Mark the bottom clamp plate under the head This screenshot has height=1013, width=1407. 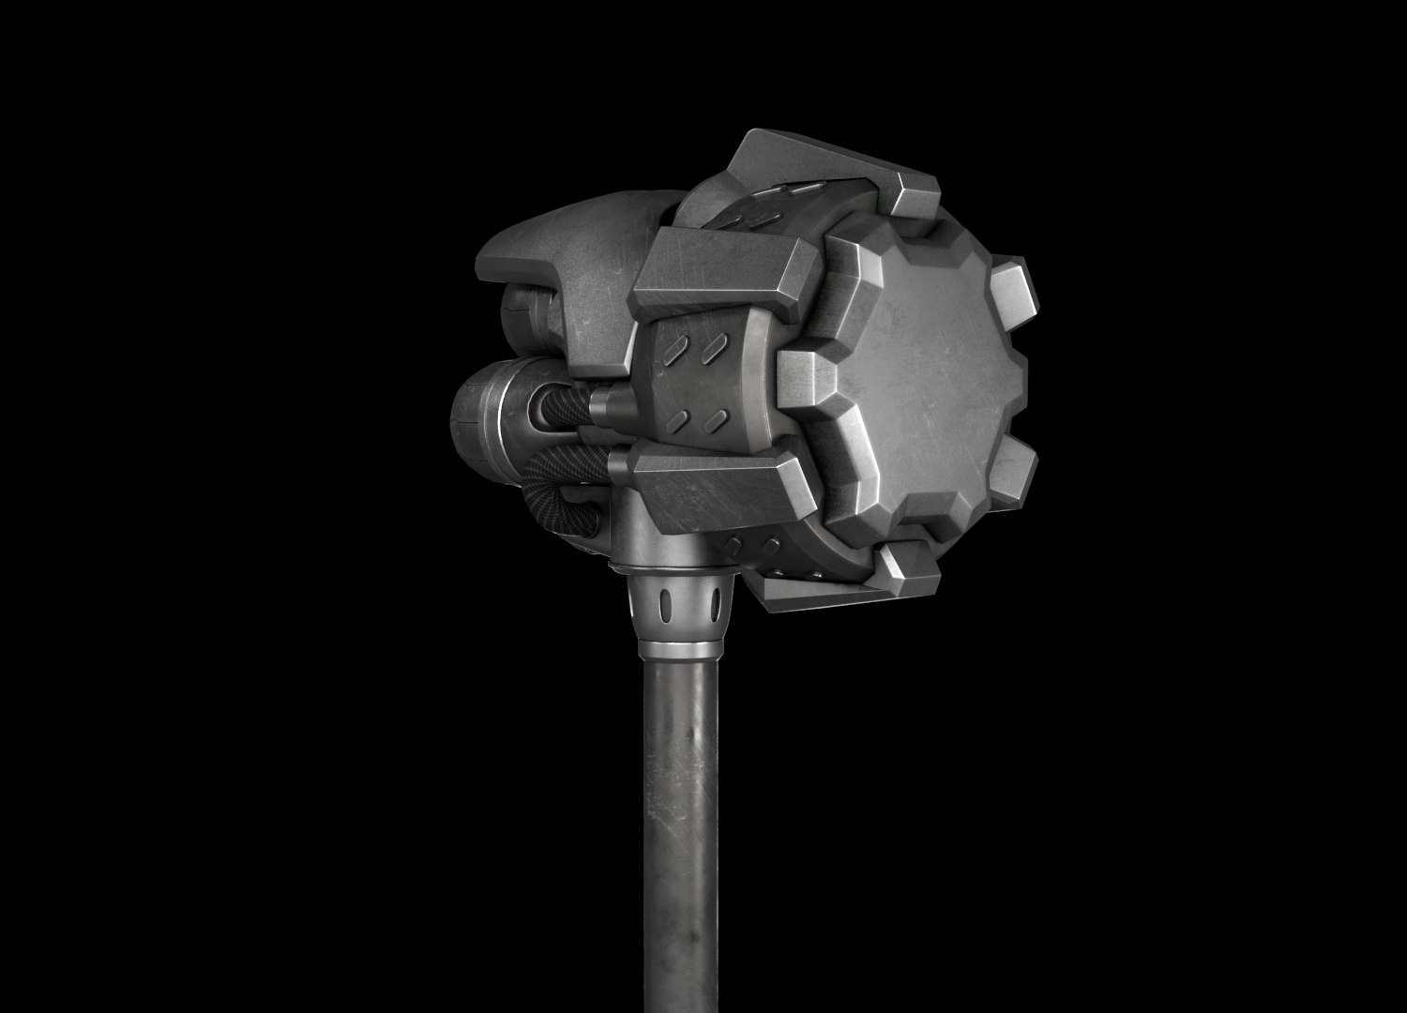(825, 586)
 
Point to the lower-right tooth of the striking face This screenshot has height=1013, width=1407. (1013, 474)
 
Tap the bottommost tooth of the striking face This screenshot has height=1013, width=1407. (905, 563)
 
